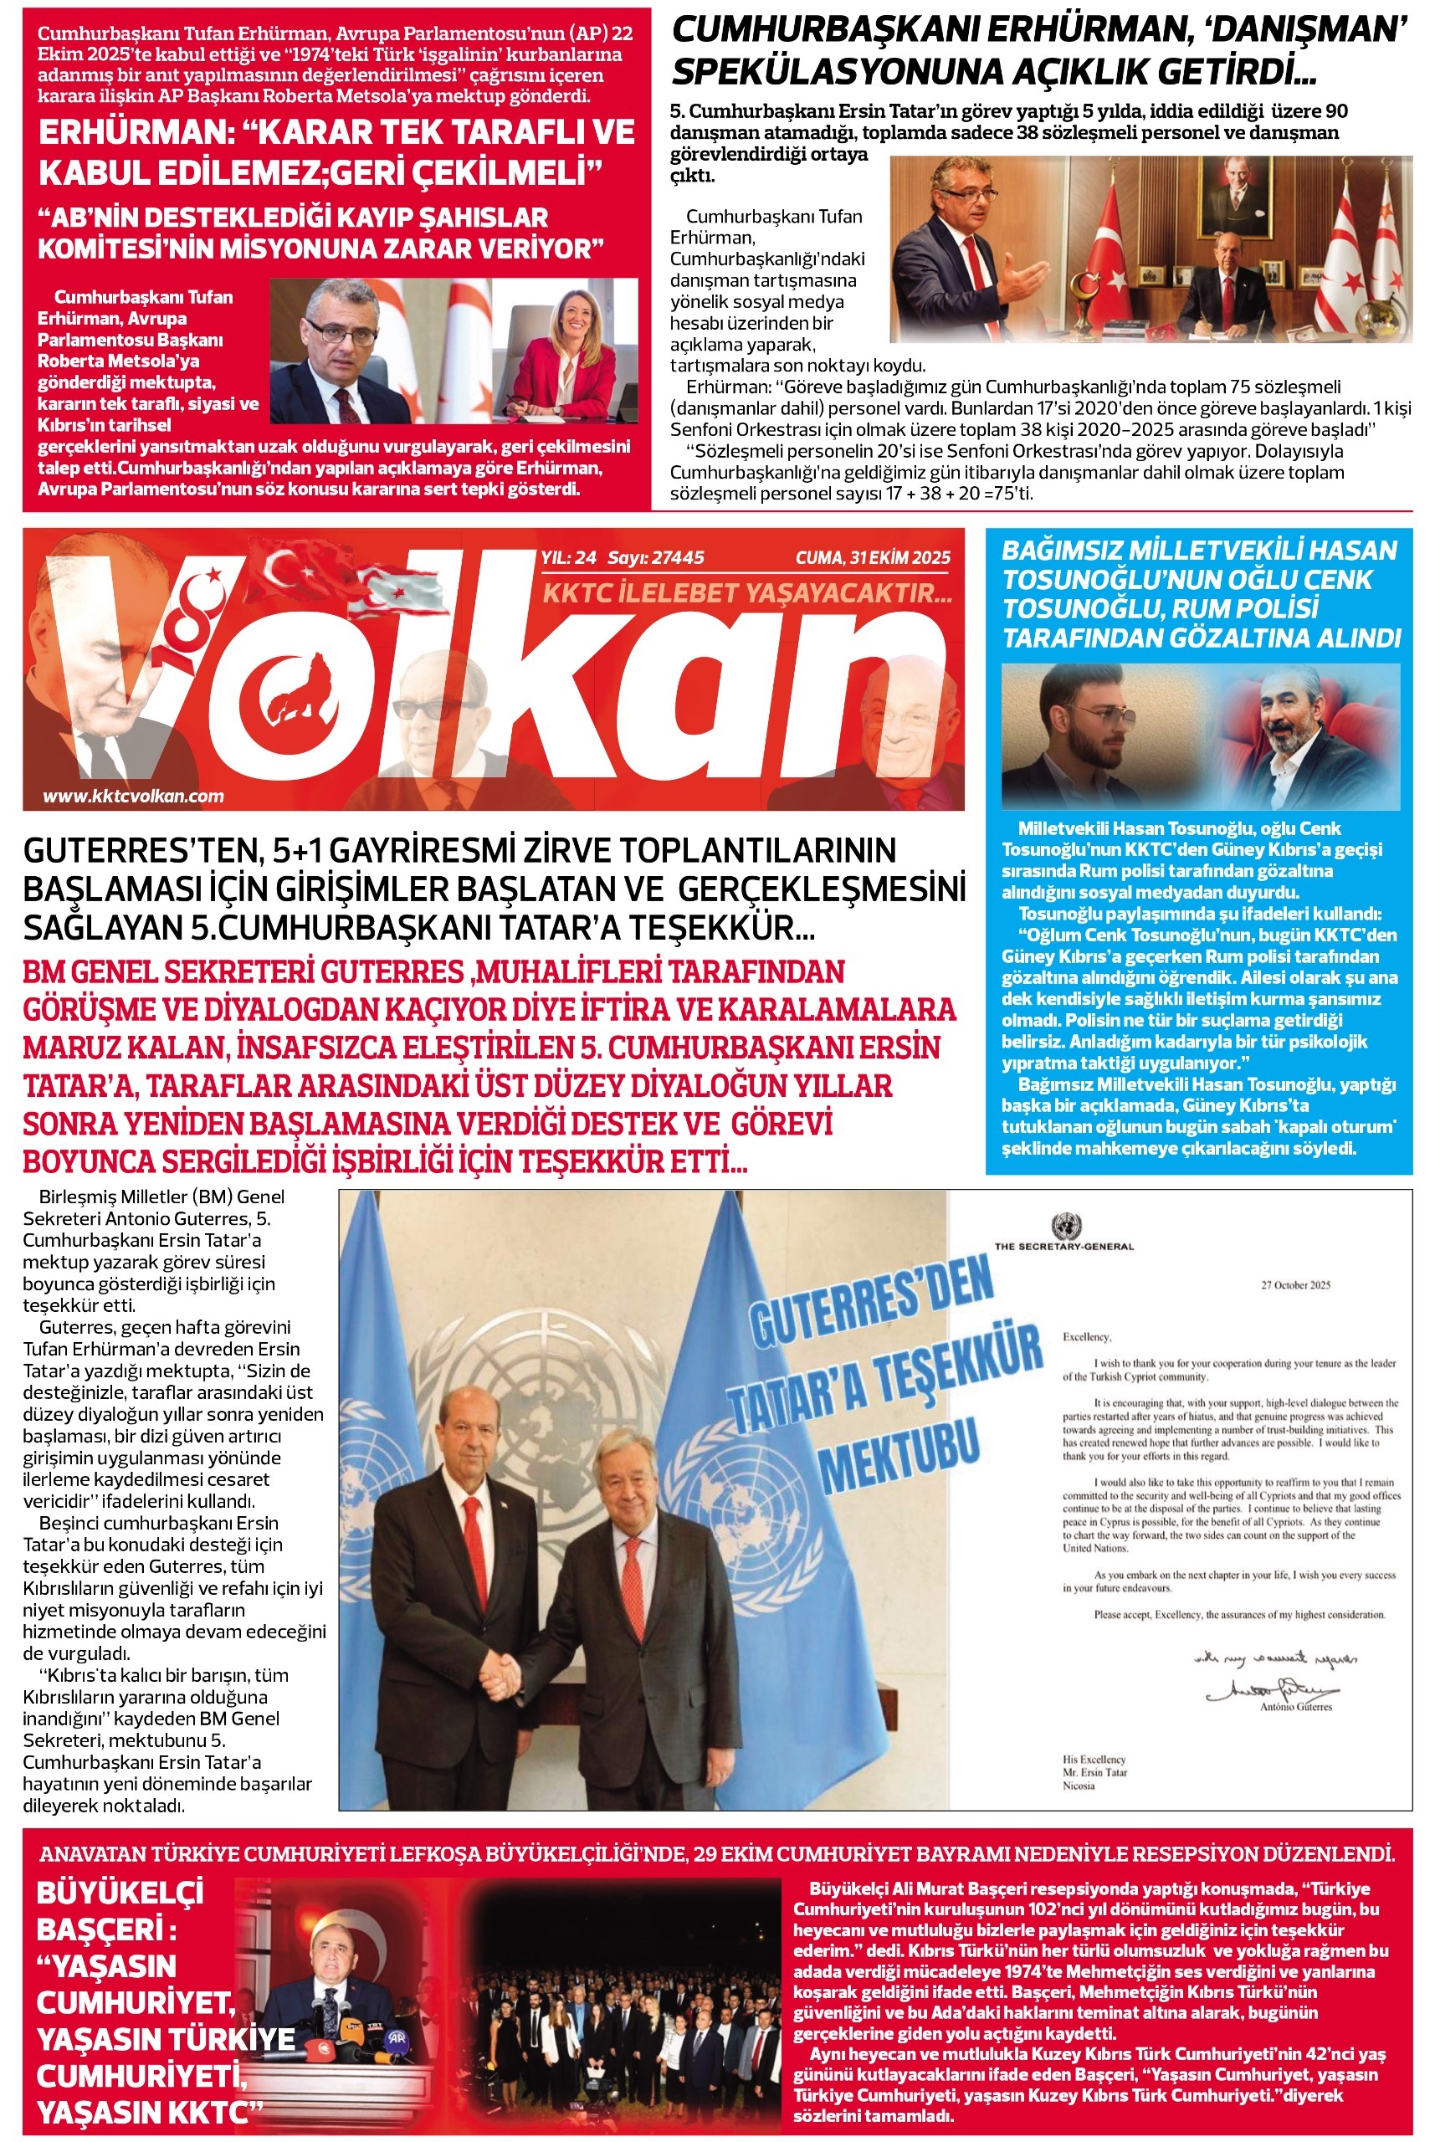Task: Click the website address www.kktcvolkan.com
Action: (134, 796)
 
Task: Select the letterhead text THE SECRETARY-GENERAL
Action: (1063, 1246)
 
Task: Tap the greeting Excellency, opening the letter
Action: (1086, 1337)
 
